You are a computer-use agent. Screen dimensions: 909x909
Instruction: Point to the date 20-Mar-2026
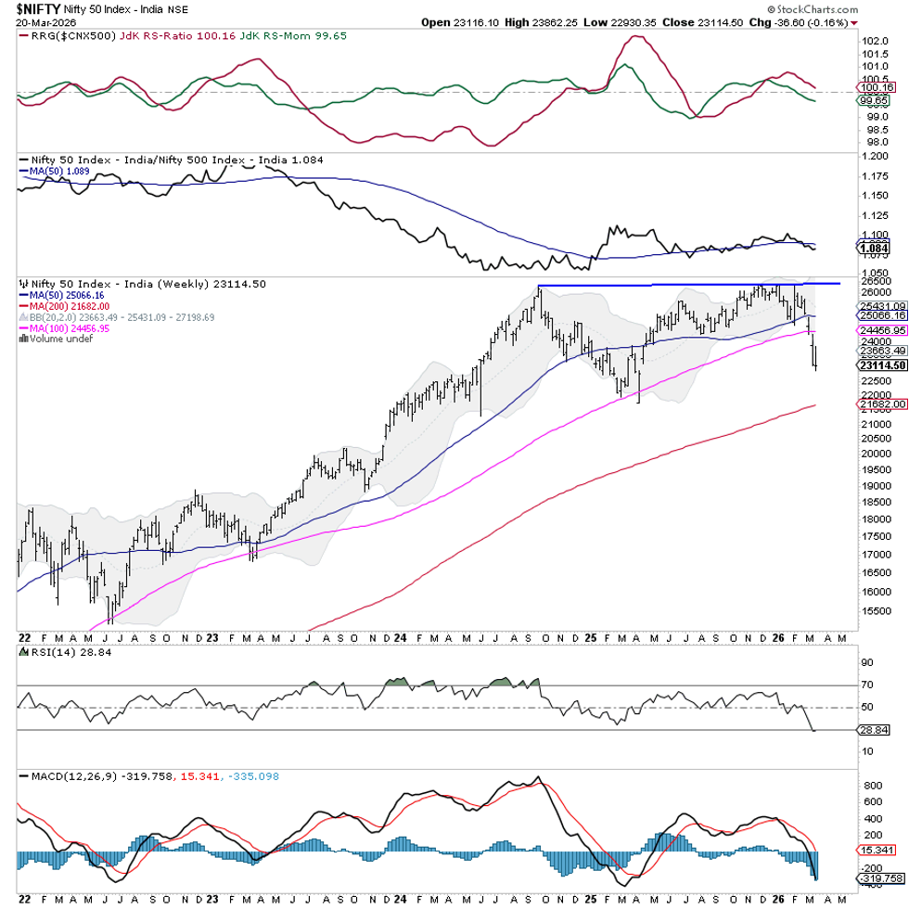coord(41,21)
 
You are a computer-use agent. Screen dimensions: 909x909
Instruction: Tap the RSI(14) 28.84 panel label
coord(54,652)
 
